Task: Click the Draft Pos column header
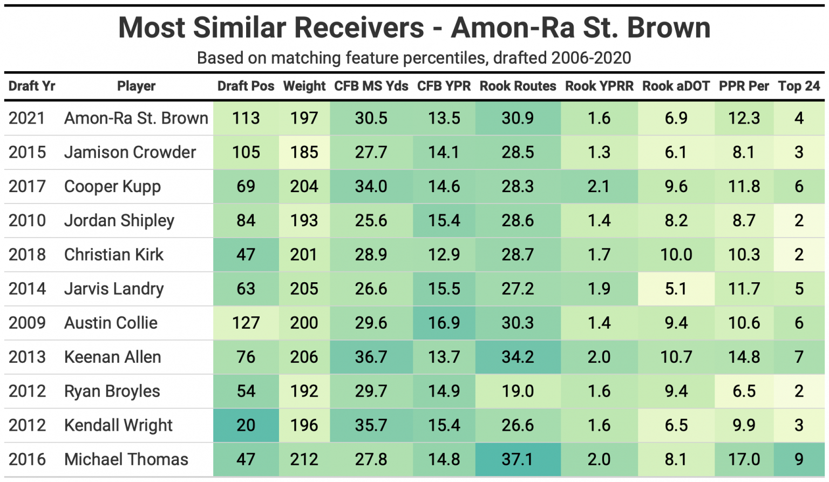click(246, 86)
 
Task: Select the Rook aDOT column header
click(676, 86)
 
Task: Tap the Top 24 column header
click(799, 86)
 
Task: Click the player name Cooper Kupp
click(112, 187)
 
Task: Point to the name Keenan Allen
click(112, 357)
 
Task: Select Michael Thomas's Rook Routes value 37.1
click(518, 459)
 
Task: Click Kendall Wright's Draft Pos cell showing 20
click(246, 425)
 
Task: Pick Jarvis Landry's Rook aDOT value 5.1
click(676, 289)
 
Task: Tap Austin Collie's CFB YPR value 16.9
click(444, 323)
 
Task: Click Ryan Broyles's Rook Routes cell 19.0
click(518, 391)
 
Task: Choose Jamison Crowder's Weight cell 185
click(304, 152)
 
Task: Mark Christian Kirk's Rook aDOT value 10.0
click(676, 255)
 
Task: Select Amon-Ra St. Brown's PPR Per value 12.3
click(744, 118)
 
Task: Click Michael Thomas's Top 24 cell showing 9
click(799, 459)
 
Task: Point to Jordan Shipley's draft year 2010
click(27, 221)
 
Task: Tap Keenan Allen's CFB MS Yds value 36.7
click(371, 357)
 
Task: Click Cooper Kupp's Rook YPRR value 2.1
click(599, 187)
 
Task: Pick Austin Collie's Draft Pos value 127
click(246, 323)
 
